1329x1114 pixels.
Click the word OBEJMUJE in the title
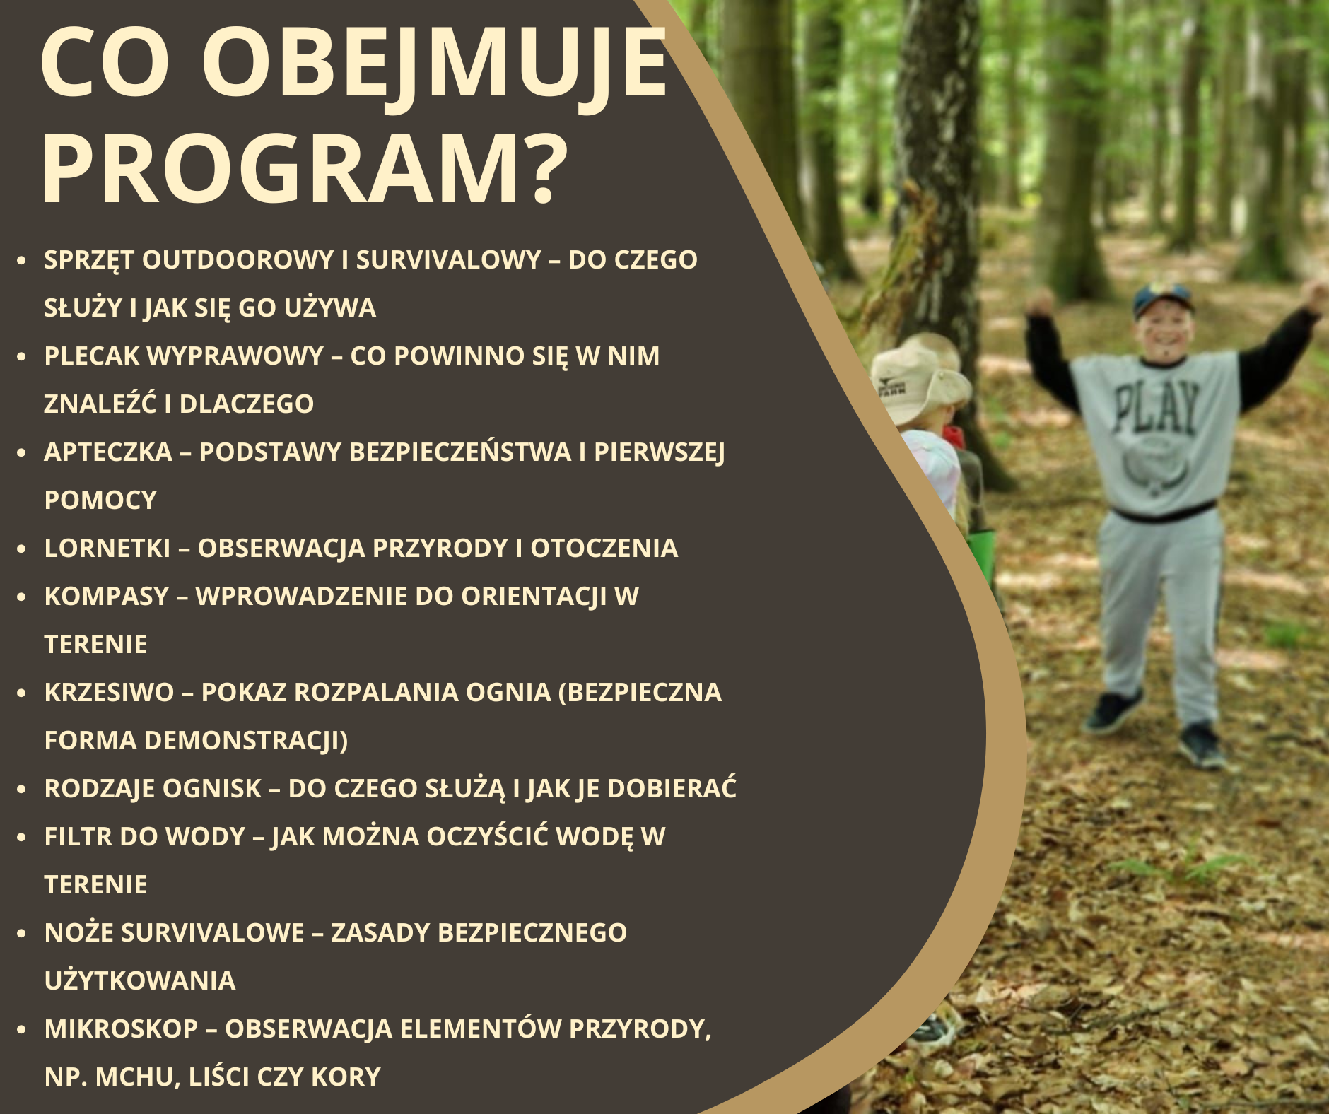click(x=435, y=64)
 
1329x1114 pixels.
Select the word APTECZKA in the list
click(x=108, y=452)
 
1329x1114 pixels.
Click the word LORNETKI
click(x=107, y=548)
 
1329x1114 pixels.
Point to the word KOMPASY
click(x=107, y=596)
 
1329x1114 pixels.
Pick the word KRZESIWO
click(x=109, y=692)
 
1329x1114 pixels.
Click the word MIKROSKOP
click(x=121, y=1028)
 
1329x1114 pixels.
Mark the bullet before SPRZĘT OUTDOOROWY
click(x=22, y=260)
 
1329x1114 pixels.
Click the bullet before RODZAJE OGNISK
click(x=22, y=789)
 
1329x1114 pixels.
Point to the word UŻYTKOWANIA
click(x=140, y=980)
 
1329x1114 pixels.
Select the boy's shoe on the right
click(x=1201, y=746)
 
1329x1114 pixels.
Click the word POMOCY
click(x=100, y=500)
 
